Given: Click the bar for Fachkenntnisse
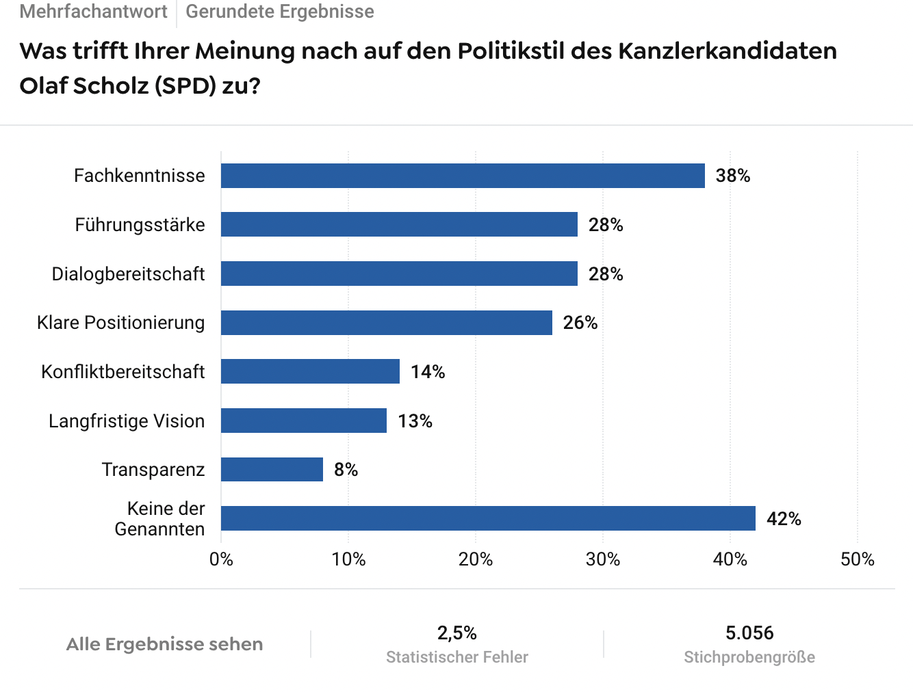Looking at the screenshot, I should point(463,176).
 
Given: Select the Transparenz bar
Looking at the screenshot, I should point(272,470).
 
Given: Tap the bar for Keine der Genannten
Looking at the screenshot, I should point(488,518).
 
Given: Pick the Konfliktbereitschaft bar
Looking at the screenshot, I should point(310,371).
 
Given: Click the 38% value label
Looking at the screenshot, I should point(732,176).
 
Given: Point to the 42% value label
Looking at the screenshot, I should point(783,519).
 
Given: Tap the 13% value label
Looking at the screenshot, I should point(415,421).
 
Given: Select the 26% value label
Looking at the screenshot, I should point(580,323).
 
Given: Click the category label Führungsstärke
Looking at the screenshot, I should point(140,225).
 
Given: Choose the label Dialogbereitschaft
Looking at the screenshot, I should point(128,274).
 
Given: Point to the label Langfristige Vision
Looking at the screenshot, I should point(127,421).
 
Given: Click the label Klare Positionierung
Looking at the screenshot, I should point(120,323).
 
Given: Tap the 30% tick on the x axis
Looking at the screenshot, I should point(603,559).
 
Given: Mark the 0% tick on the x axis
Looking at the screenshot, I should point(221,559).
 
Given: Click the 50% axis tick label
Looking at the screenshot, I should point(857,559).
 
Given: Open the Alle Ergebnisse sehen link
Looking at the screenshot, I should point(164,644).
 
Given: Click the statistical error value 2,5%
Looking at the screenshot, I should point(456,633).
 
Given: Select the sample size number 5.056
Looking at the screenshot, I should point(749,633).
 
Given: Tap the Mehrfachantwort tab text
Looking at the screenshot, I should point(94,12).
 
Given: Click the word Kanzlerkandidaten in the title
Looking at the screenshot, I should point(727,51).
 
